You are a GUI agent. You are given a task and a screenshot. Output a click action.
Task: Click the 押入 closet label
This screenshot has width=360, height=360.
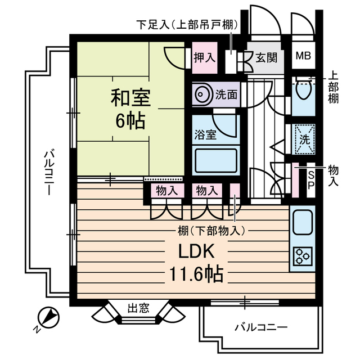tap(204, 57)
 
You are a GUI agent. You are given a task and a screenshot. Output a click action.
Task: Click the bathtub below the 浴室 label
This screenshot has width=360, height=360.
tap(217, 160)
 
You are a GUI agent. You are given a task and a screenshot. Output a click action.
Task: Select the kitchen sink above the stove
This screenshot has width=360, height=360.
tap(304, 222)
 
